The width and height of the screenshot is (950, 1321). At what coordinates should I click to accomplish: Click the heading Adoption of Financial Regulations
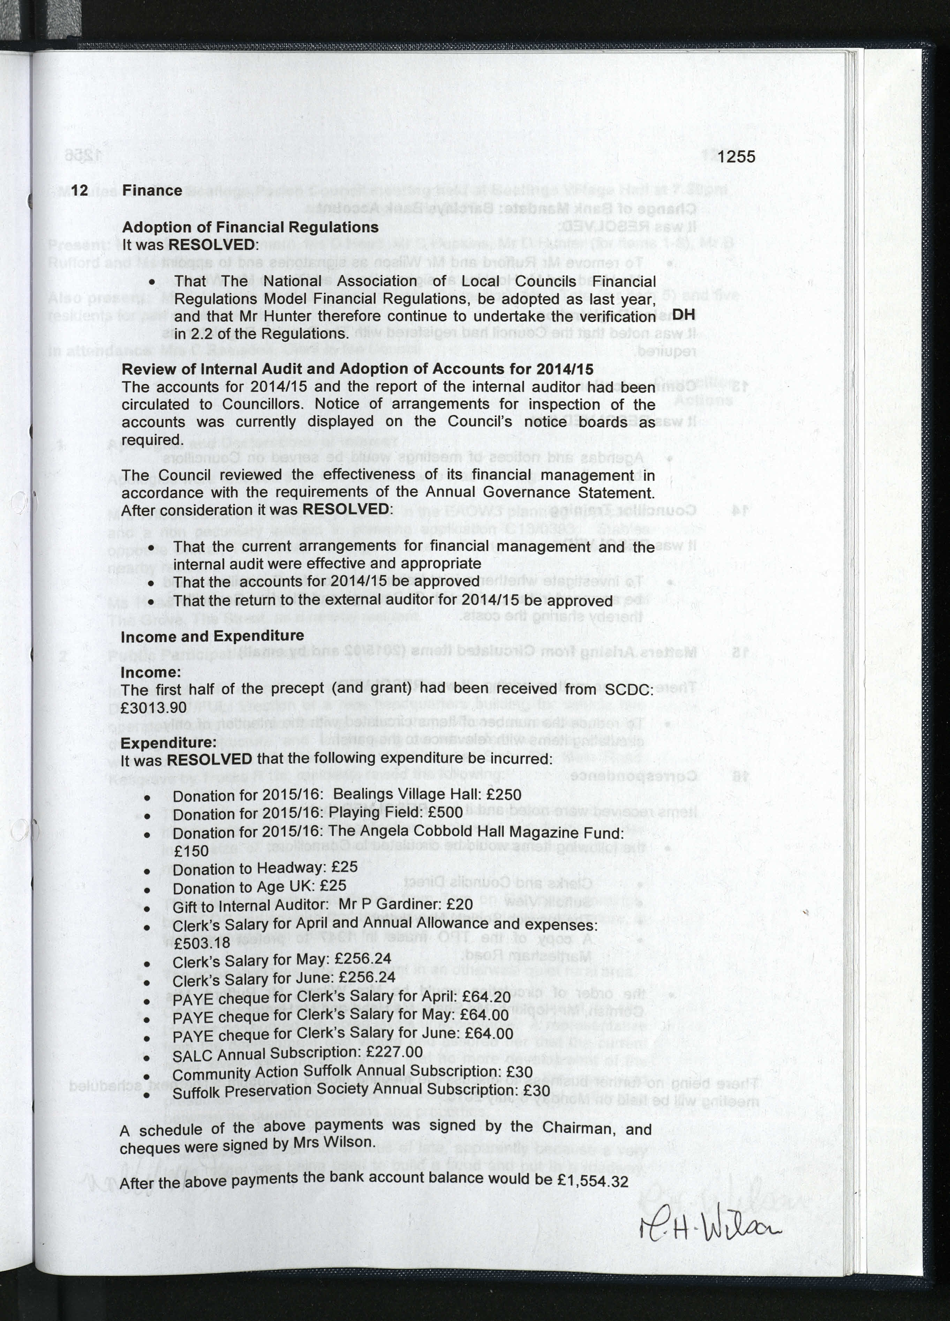[x=250, y=227]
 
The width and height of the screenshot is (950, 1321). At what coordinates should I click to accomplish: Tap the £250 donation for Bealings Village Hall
[x=503, y=794]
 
